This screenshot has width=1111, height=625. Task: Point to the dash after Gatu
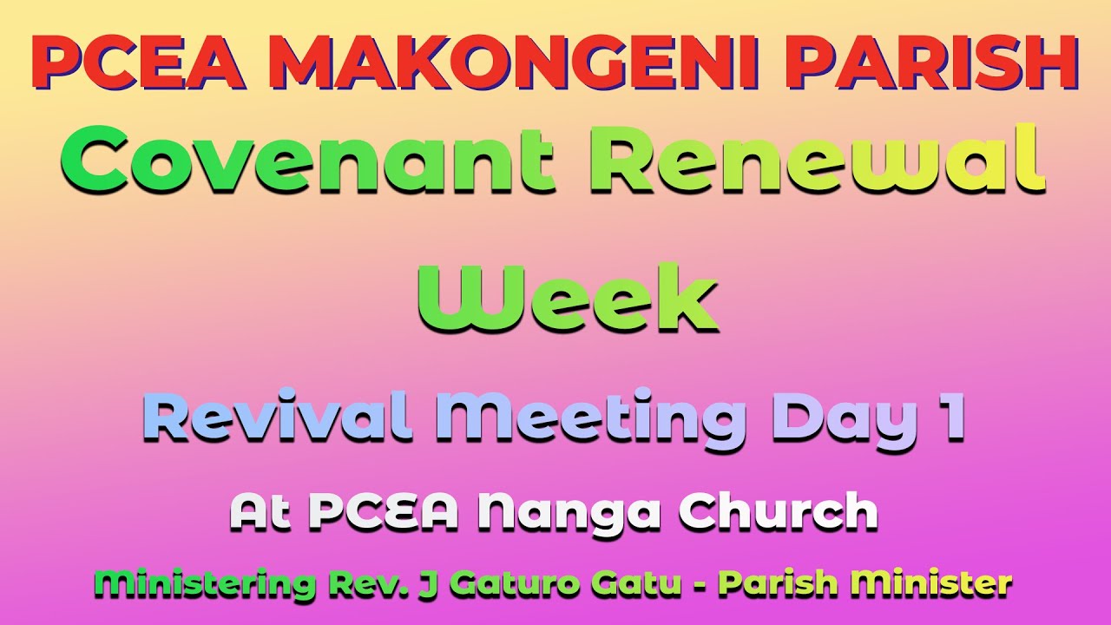697,584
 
